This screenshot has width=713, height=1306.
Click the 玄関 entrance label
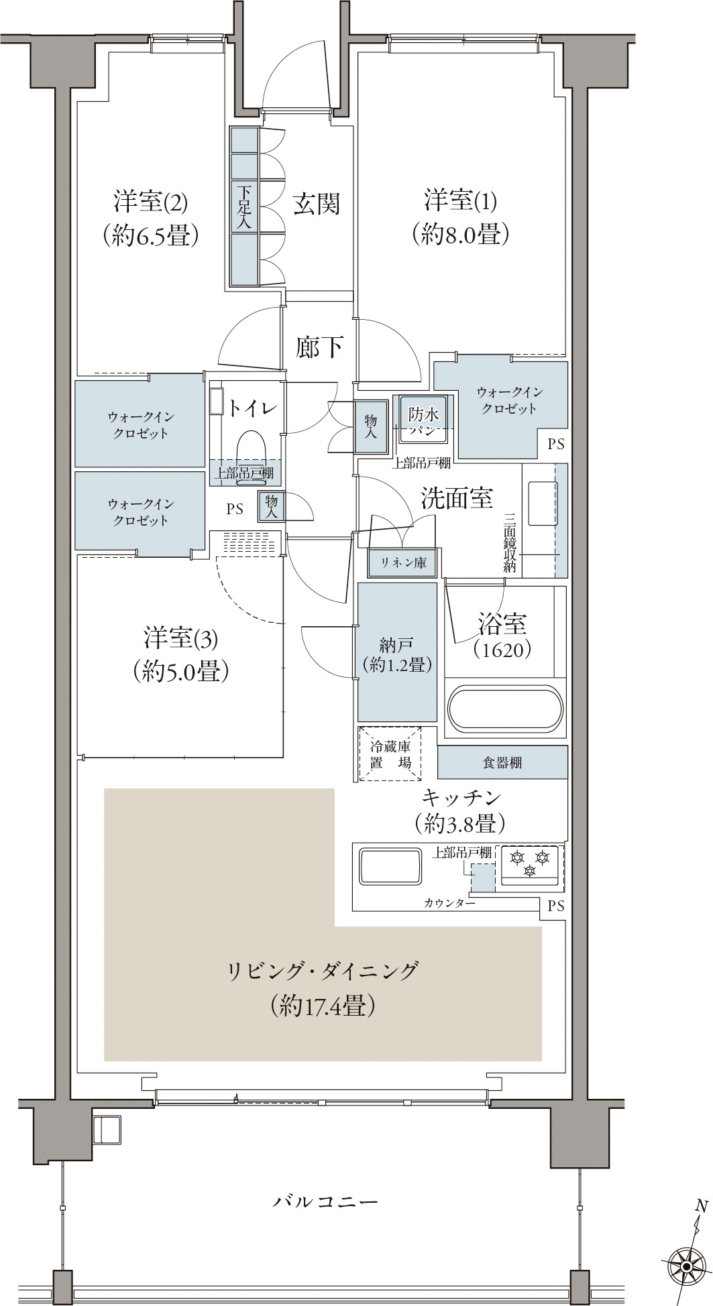point(317,204)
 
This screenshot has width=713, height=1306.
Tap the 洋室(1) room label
point(461,200)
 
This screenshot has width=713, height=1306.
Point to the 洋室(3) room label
point(180,638)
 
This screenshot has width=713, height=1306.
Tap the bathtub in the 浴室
point(505,709)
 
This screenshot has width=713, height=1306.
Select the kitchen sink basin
point(391,868)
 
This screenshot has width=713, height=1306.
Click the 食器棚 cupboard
point(502,762)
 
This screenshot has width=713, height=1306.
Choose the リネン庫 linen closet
point(403,562)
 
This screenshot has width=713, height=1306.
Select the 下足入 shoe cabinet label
point(244,207)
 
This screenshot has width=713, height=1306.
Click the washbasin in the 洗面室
point(541,503)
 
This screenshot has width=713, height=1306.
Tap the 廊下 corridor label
point(320,347)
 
